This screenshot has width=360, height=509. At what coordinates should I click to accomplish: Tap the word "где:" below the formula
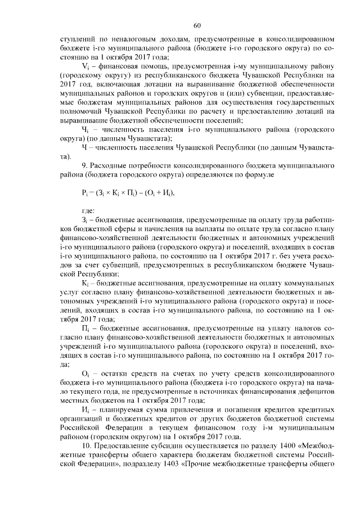coord(89,210)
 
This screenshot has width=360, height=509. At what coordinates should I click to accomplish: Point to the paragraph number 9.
coord(84,165)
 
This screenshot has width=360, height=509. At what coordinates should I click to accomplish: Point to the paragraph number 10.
coord(86,446)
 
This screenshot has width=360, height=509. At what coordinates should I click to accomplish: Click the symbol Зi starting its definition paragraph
coord(85,222)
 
